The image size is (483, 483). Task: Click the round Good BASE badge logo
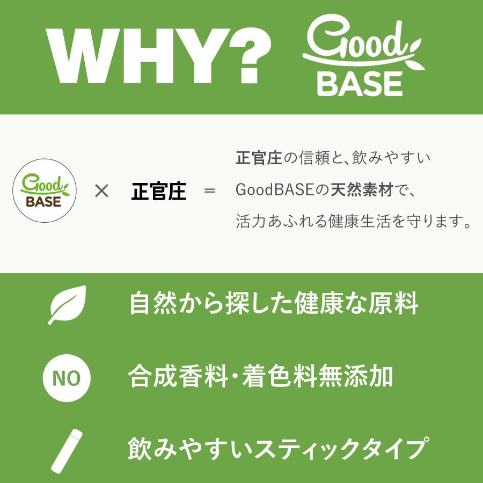pyautogui.click(x=44, y=191)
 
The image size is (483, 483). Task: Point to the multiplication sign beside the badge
pyautogui.click(x=101, y=191)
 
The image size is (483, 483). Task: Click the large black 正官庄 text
pyautogui.click(x=159, y=191)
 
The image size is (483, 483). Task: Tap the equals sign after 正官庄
pyautogui.click(x=209, y=191)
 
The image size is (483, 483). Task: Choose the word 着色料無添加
pyautogui.click(x=317, y=377)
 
